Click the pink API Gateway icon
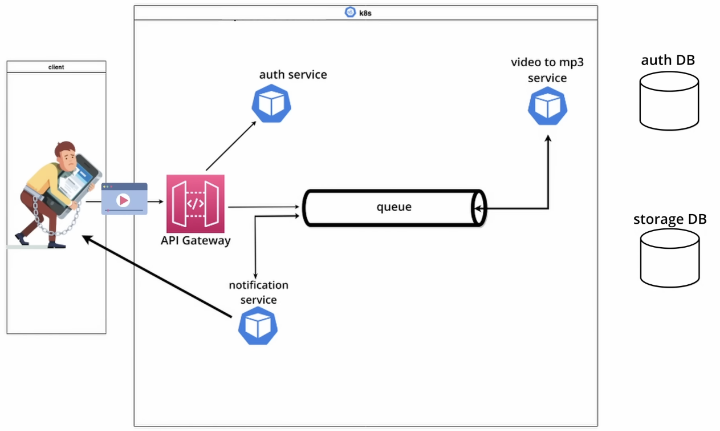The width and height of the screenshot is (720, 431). coord(196,204)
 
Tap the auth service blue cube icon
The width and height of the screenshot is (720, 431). coord(271,103)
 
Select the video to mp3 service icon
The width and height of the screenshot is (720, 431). coord(547,106)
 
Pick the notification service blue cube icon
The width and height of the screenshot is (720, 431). coord(258,326)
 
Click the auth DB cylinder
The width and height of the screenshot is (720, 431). coord(669,101)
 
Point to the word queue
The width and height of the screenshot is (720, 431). coord(393,207)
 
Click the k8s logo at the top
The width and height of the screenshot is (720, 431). coord(350,12)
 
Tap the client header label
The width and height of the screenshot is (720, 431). coord(56,67)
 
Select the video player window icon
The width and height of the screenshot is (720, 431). coord(124,199)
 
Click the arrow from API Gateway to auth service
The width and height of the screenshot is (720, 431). coord(230,146)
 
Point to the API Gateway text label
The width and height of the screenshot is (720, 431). coord(196,240)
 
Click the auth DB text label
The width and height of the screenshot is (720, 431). coord(668,61)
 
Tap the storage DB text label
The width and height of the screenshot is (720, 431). coord(669,219)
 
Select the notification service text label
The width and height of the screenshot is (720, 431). coord(258,292)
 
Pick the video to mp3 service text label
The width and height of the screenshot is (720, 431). coord(547,70)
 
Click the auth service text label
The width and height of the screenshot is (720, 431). coord(293,75)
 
